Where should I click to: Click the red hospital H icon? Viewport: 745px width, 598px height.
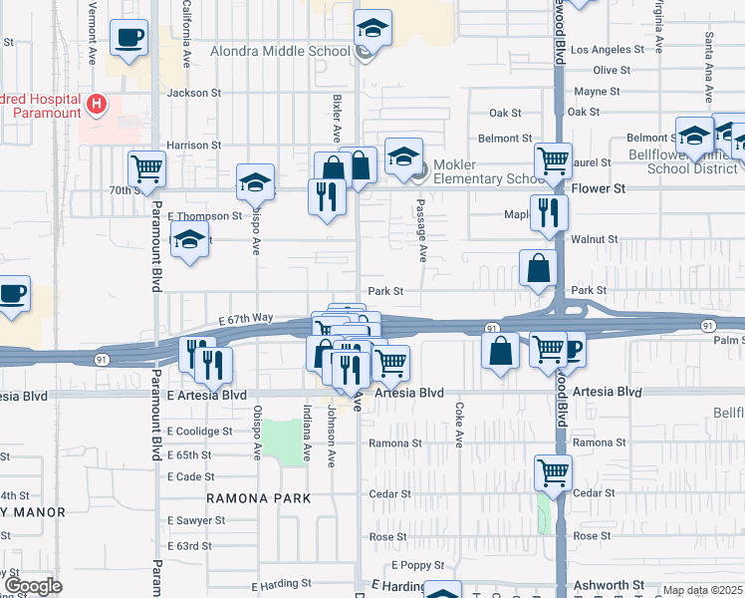(x=97, y=103)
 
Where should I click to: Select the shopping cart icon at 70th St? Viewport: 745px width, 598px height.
(x=146, y=169)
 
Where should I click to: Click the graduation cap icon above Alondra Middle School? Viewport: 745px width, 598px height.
(x=372, y=29)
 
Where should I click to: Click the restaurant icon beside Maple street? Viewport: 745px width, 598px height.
(x=548, y=212)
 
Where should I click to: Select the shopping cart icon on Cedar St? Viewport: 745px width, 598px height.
(x=553, y=473)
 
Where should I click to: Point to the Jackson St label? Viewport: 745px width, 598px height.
(x=194, y=93)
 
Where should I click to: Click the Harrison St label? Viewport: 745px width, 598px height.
(x=194, y=145)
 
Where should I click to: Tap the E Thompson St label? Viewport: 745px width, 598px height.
(x=204, y=215)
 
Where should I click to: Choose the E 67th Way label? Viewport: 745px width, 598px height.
(x=245, y=318)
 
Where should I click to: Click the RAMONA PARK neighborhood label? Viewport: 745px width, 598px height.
(x=259, y=497)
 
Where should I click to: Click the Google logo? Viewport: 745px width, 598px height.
(x=33, y=586)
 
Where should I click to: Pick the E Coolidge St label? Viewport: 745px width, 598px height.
(x=199, y=432)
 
